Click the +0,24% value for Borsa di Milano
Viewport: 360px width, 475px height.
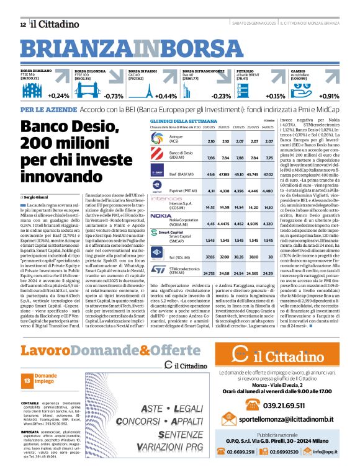[x=58, y=95]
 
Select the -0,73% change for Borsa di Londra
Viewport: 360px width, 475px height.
[x=114, y=96]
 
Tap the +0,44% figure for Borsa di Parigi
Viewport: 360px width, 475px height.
[x=166, y=96]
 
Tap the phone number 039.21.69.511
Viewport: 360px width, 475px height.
[x=287, y=406]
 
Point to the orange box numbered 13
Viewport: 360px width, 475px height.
[x=26, y=380]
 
